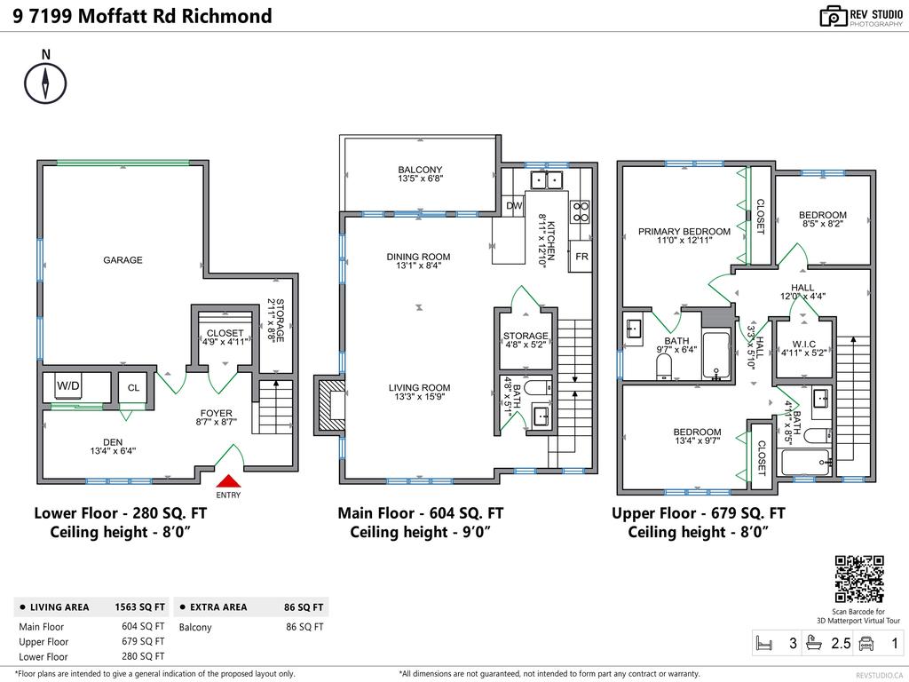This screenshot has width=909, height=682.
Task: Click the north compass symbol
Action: click(45, 82)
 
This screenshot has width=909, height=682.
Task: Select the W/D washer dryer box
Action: click(68, 386)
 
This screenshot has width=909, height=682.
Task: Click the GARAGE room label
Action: click(123, 260)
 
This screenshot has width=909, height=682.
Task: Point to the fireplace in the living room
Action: click(329, 406)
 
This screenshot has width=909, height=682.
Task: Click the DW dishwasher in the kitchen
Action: click(514, 205)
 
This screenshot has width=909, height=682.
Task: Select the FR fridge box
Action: click(581, 256)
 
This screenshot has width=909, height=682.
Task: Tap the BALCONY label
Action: click(420, 170)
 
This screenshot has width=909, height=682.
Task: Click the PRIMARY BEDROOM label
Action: click(684, 232)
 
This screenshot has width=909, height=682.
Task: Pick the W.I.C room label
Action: click(804, 343)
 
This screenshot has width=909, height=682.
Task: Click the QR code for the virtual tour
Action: click(860, 579)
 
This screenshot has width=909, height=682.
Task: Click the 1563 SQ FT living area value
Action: click(140, 607)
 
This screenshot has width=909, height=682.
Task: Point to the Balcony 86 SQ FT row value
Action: click(304, 627)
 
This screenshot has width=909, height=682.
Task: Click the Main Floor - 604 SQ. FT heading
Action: click(420, 513)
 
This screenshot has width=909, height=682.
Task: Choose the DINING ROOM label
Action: click(418, 257)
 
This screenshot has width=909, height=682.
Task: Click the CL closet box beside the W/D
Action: click(133, 387)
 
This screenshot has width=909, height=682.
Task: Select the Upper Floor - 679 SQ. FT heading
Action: click(698, 513)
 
